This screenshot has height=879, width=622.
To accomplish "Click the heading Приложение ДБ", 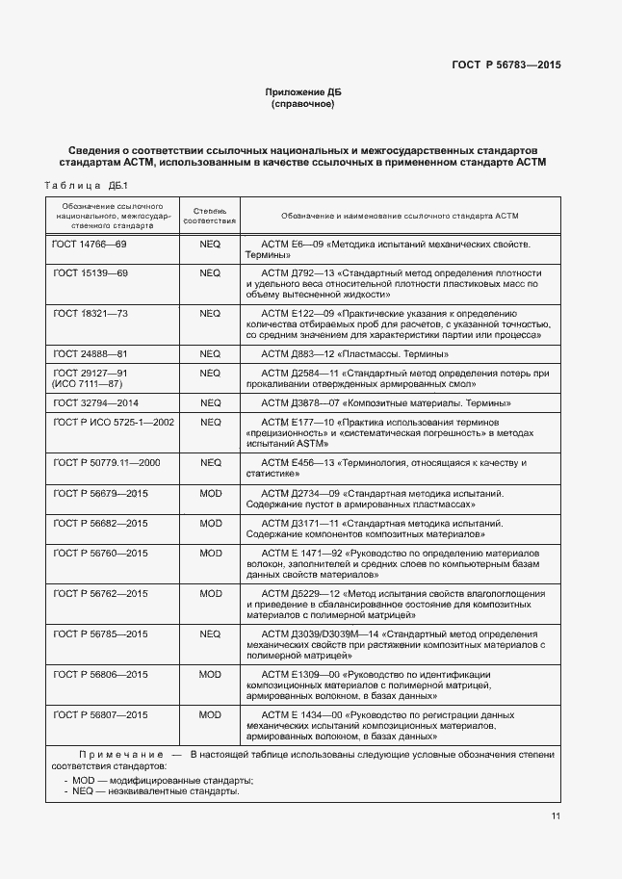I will (303, 91).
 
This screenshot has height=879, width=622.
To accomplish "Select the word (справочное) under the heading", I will (303, 103).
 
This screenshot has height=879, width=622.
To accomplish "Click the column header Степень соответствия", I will (210, 215).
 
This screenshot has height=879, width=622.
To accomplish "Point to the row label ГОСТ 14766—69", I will (90, 245).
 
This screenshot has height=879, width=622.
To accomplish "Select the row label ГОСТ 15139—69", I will (90, 273).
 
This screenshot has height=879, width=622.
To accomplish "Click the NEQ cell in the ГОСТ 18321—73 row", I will (210, 314).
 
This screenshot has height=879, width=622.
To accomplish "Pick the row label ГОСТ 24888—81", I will (90, 354).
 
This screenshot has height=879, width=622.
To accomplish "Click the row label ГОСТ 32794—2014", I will (95, 402).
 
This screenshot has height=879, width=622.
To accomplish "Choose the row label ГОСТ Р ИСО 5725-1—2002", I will (114, 422).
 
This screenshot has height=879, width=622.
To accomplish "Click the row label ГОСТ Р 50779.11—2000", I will (106, 462).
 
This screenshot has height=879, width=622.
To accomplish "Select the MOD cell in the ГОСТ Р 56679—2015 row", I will (210, 493).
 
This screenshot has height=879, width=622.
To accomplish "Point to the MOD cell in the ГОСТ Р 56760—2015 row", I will (210, 553).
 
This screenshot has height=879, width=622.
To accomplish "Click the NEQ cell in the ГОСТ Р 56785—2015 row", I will (210, 633).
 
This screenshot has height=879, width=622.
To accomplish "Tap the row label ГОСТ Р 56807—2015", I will (100, 714).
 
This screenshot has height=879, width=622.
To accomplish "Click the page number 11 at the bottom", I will (557, 816).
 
